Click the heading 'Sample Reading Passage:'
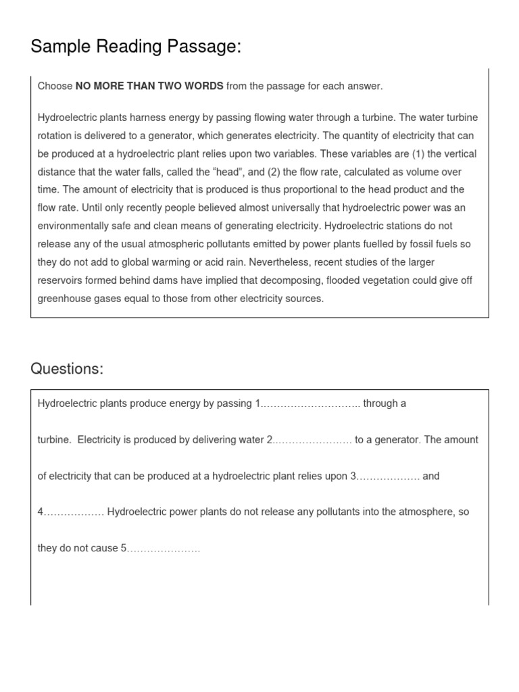[136, 47]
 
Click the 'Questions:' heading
[67, 369]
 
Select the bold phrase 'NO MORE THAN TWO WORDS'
[149, 86]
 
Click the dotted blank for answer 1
[310, 404]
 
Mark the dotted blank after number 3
[387, 476]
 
